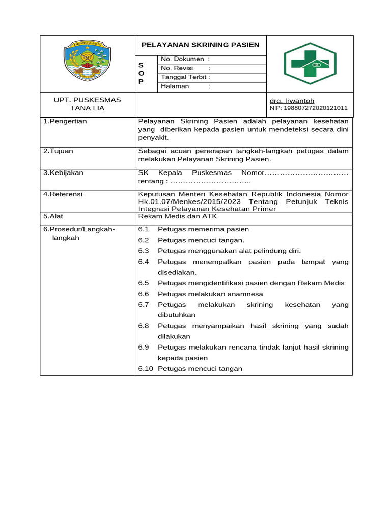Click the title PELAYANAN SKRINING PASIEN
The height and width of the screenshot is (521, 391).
click(200, 45)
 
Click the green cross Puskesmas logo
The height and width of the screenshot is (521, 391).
click(310, 63)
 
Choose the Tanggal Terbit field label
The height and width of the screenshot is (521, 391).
click(185, 77)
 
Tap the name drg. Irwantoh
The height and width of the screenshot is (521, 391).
click(292, 101)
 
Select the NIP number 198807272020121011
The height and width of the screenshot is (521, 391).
click(308, 108)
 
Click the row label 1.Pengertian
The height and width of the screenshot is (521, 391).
click(65, 121)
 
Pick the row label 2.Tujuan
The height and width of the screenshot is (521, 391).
click(56, 151)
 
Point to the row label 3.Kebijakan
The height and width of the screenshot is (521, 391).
click(63, 173)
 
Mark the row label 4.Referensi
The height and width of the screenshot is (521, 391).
click(63, 194)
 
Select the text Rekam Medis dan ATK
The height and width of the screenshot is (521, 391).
click(178, 216)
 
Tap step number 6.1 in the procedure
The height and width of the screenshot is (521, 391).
click(143, 229)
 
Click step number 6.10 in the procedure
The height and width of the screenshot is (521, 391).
click(146, 368)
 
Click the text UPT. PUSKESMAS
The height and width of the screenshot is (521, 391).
click(88, 100)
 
